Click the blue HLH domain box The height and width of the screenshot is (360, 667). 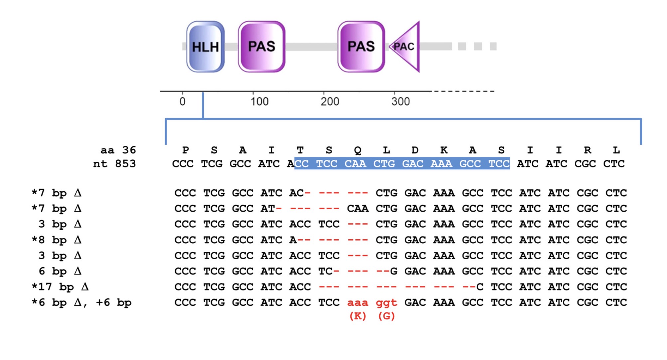205,47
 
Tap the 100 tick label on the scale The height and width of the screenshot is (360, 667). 259,101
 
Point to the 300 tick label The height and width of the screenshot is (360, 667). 400,101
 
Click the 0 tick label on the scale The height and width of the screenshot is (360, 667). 182,101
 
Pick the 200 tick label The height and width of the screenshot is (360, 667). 330,101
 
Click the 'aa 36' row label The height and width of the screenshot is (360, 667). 118,150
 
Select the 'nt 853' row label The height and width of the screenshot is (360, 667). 114,164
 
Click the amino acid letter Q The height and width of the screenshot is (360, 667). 357,150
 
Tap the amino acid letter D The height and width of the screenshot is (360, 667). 415,150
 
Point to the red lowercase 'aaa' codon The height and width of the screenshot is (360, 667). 357,302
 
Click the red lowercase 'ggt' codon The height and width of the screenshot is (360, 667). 386,302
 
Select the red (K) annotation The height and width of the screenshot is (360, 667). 357,316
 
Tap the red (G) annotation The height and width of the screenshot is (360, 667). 386,316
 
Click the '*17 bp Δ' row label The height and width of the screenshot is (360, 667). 60,287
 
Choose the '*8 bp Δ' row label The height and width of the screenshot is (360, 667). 57,240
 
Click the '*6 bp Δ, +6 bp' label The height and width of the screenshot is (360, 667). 81,302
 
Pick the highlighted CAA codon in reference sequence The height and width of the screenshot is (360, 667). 355,164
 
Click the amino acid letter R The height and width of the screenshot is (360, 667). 587,150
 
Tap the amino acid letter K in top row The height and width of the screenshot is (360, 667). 444,150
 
